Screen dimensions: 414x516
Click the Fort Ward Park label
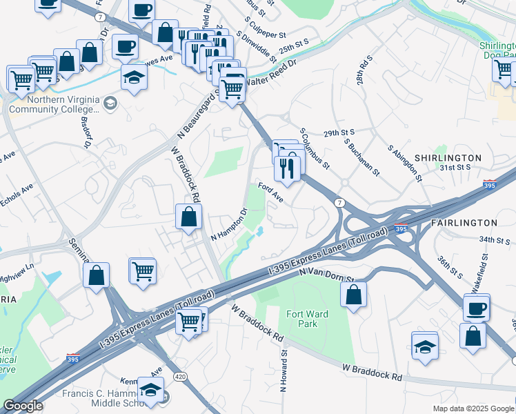tap(308, 319)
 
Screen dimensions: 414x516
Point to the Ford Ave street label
tap(271, 192)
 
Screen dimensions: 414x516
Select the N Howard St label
tap(283, 371)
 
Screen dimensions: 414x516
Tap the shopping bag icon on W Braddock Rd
tap(188, 217)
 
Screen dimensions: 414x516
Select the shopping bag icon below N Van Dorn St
tap(353, 295)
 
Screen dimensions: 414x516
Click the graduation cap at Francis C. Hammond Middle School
tap(150, 390)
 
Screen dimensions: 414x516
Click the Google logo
tap(23, 406)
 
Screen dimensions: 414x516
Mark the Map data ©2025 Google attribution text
tap(473, 408)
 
